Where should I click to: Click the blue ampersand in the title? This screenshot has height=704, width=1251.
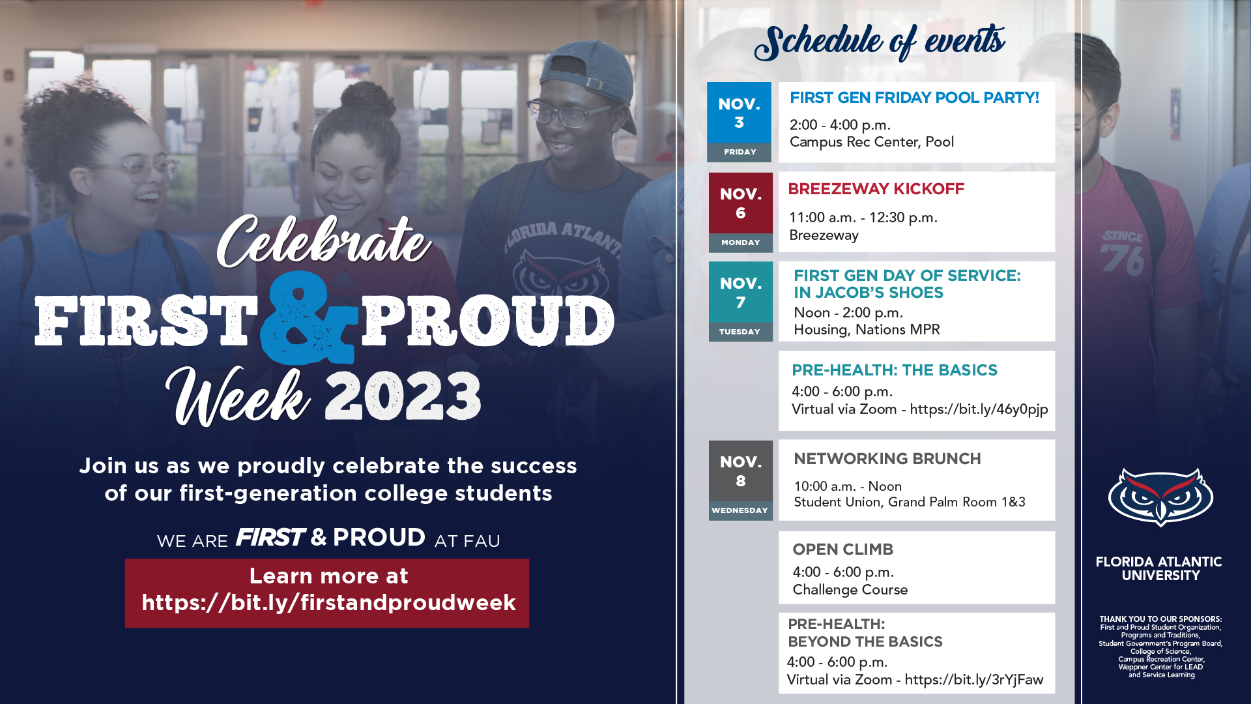pos(308,317)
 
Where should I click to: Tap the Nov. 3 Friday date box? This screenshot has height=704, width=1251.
pos(739,122)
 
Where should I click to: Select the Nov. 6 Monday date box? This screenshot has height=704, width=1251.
pos(740,212)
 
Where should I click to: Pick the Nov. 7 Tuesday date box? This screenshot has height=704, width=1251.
pos(740,301)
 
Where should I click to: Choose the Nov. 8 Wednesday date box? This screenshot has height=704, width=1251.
pos(740,480)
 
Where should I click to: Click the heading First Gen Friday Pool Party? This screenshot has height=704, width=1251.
pos(914,98)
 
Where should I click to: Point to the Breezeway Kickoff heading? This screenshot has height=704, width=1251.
pos(876,189)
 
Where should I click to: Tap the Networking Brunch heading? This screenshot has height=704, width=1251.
pos(887,459)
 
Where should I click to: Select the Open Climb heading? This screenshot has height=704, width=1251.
pos(842,550)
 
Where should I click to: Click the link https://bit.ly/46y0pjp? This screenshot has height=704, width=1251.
pos(979,409)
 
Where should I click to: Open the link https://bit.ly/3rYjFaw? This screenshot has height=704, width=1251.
pos(973,680)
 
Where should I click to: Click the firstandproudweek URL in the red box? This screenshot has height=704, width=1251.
pos(328,603)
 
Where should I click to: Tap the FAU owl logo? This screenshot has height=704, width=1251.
pos(1160,497)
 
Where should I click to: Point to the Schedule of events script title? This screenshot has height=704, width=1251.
pos(880,42)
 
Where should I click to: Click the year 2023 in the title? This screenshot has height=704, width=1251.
pos(403,396)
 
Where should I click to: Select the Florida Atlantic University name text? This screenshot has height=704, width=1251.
pos(1159,568)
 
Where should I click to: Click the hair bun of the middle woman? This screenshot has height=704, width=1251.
pos(360,98)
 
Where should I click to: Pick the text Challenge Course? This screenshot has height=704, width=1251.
pos(850,590)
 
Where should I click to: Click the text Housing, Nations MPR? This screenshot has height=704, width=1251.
pos(867,330)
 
